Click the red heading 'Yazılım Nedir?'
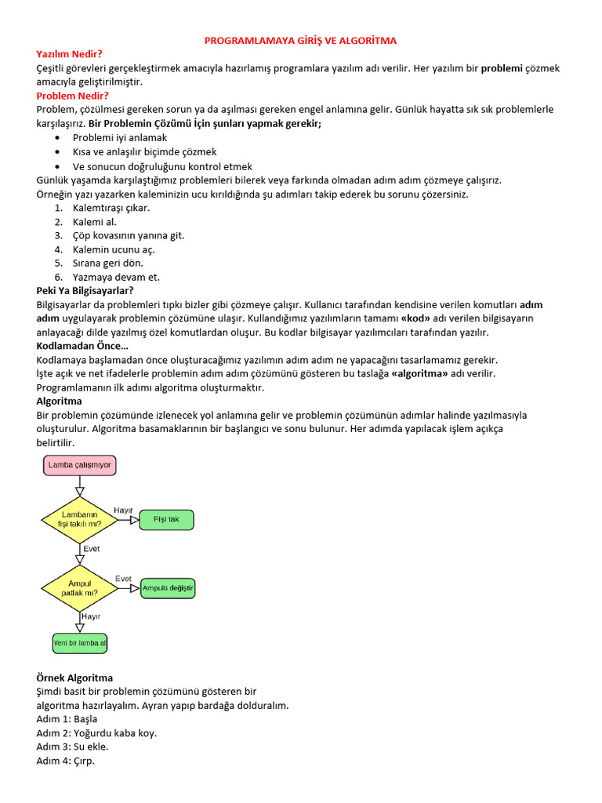click(70, 54)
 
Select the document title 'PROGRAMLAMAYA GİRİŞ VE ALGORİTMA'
click(300, 40)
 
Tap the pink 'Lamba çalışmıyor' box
click(80, 466)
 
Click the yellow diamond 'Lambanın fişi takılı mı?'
click(79, 519)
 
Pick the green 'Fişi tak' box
click(166, 519)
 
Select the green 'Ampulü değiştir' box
click(168, 588)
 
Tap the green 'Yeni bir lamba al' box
click(79, 643)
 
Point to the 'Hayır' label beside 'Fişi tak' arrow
click(124, 510)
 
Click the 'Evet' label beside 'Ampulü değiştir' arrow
click(124, 579)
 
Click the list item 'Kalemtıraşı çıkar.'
click(111, 208)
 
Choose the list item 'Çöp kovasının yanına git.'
click(129, 235)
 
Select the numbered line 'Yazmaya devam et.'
click(116, 277)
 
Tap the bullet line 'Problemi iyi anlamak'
click(120, 137)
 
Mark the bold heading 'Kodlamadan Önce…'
click(82, 346)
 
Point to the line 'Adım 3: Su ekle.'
click(72, 747)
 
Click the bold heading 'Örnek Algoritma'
click(74, 678)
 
